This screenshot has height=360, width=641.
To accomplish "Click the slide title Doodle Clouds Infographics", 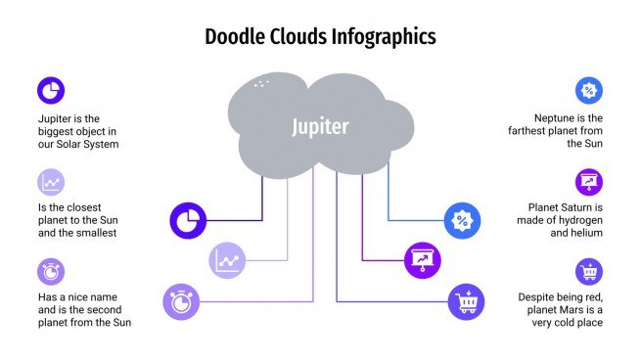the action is (320, 37).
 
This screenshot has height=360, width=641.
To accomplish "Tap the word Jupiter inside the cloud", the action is (320, 126).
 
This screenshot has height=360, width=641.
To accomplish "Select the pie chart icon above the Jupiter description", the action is (50, 91).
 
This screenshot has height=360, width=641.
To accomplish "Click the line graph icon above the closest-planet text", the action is (50, 182).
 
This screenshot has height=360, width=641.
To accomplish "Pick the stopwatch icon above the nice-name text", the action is (50, 271).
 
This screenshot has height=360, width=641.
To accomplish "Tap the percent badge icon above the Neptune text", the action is (588, 91).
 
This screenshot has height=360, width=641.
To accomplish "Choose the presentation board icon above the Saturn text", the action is (588, 181).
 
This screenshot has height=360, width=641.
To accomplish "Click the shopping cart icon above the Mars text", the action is (588, 271).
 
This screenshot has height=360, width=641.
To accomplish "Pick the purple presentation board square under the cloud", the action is (422, 260).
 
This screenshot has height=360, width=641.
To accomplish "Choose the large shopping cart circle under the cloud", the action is (466, 300).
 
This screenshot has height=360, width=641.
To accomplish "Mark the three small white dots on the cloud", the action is (259, 85).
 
